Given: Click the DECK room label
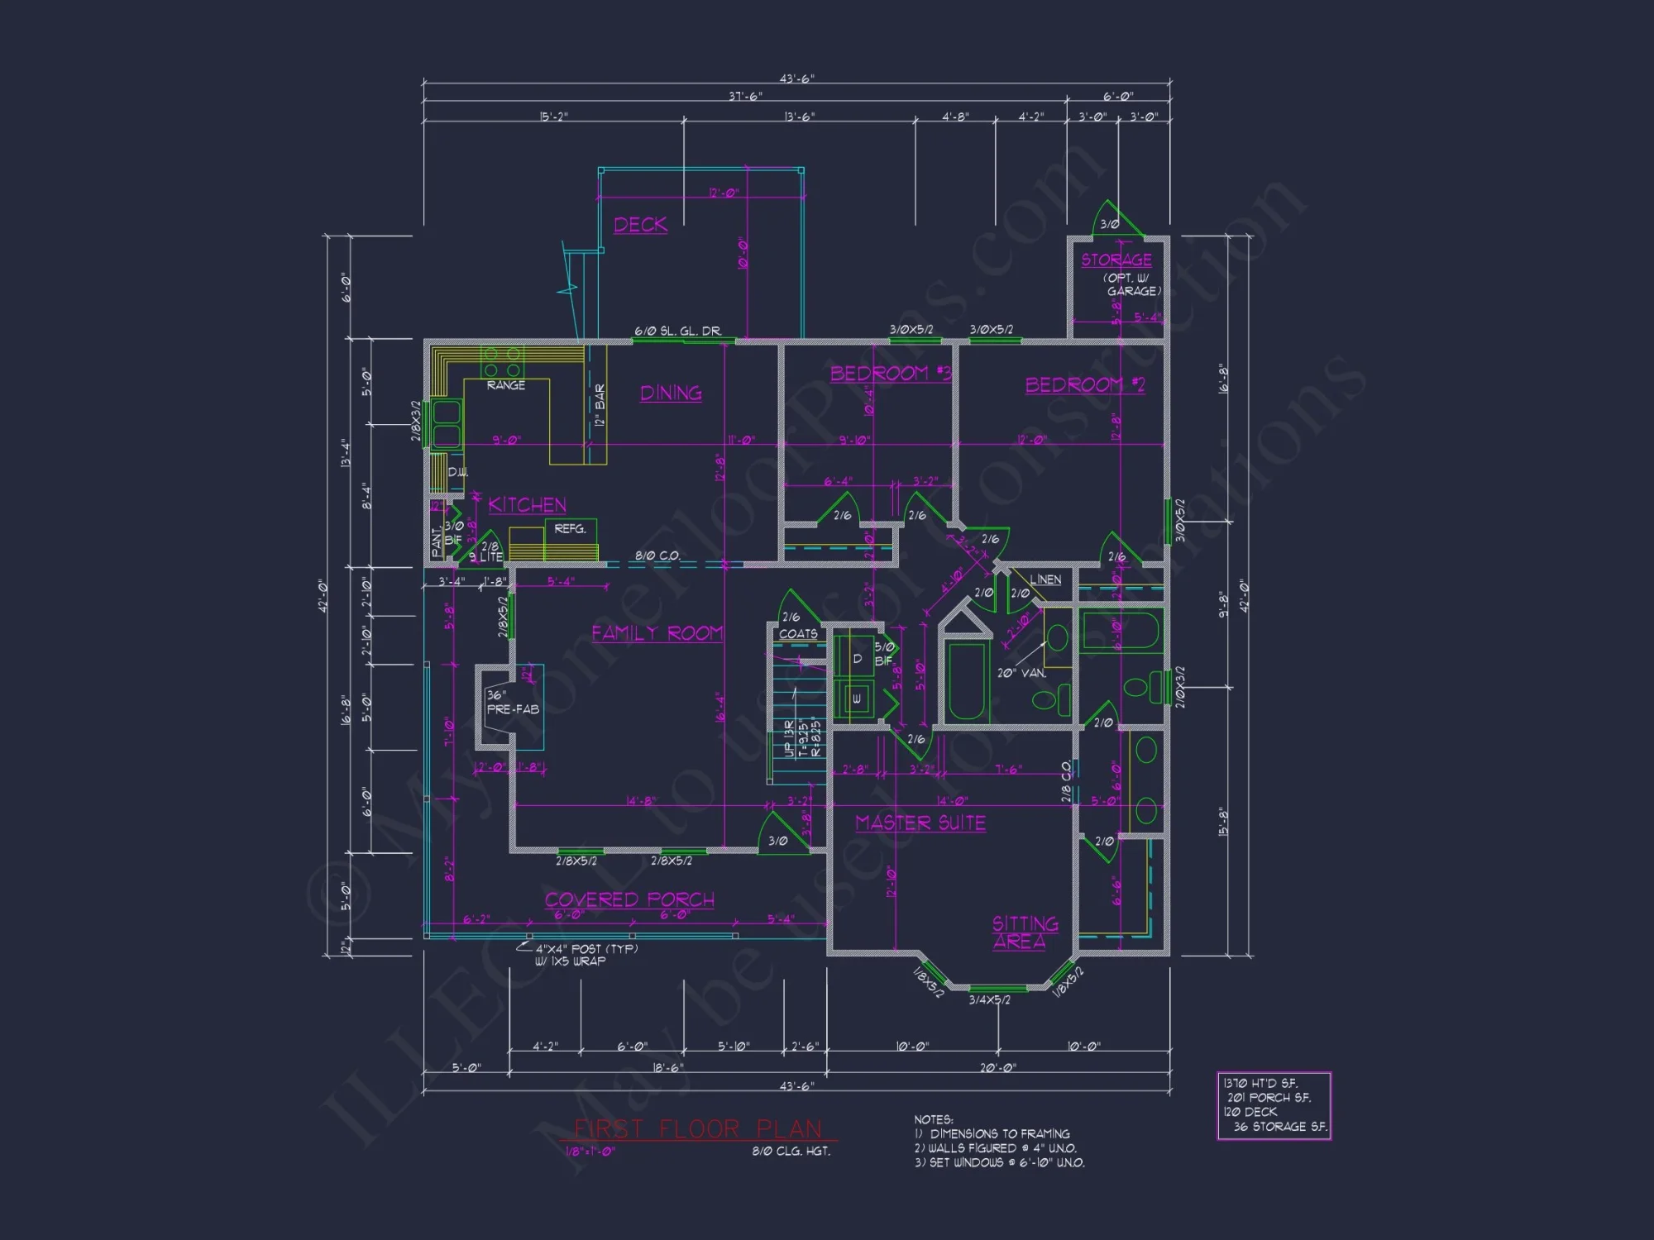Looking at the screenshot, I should [640, 225].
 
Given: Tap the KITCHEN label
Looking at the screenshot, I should [527, 504].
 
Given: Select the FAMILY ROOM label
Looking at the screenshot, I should [657, 633].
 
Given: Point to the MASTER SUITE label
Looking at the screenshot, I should [920, 823].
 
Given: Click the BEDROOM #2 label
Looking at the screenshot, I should [1085, 385].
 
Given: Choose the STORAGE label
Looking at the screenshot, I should [1116, 260].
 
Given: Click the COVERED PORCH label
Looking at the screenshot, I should [629, 899].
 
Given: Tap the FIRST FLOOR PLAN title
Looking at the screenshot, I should [698, 1129].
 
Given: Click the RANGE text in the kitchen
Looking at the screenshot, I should [505, 385].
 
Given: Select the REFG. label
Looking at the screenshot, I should [570, 529].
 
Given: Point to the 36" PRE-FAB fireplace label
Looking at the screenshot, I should [512, 703].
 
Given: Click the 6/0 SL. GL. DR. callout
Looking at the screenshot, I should [677, 331].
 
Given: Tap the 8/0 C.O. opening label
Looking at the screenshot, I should [657, 556].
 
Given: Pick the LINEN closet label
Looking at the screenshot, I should [1045, 579].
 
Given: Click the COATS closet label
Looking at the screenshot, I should [798, 634].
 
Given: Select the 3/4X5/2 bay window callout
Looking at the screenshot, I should [989, 1000].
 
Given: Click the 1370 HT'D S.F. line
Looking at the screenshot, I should [1260, 1083].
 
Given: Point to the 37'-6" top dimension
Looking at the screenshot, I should [745, 97].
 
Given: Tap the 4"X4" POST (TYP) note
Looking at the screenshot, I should [586, 949].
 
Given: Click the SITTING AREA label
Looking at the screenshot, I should [1024, 932].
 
